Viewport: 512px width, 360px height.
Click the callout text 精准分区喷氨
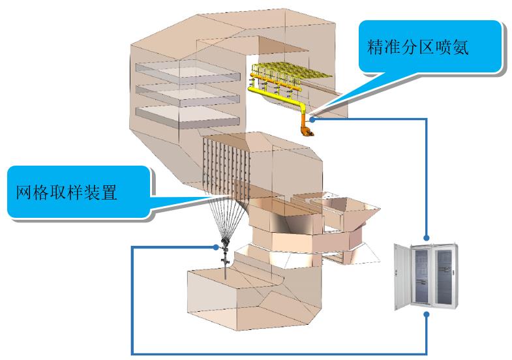pos(418,49)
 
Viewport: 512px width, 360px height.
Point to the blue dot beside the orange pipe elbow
pos(313,119)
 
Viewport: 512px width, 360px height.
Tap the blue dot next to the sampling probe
pos(215,247)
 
